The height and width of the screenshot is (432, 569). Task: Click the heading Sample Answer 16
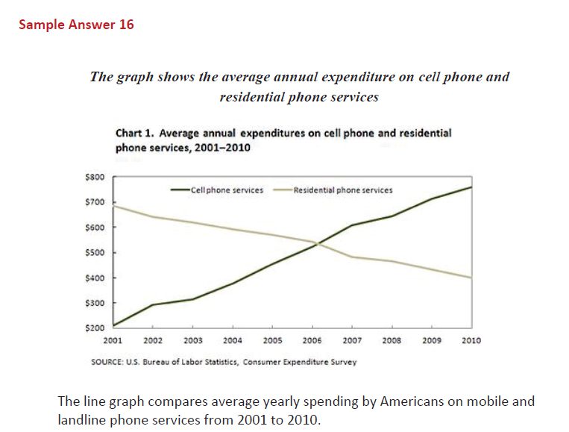pyautogui.click(x=76, y=25)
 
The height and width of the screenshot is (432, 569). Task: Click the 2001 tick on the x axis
pyautogui.click(x=113, y=340)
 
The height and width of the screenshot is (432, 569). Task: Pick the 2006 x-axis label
pyautogui.click(x=312, y=340)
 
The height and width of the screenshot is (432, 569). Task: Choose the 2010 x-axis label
pyautogui.click(x=471, y=340)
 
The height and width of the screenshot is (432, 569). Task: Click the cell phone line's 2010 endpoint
pyautogui.click(x=471, y=187)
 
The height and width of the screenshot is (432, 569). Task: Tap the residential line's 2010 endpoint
pyautogui.click(x=471, y=278)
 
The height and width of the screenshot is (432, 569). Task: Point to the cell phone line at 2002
pyautogui.click(x=152, y=304)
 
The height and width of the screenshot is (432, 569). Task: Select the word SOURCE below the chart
pyautogui.click(x=105, y=362)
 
